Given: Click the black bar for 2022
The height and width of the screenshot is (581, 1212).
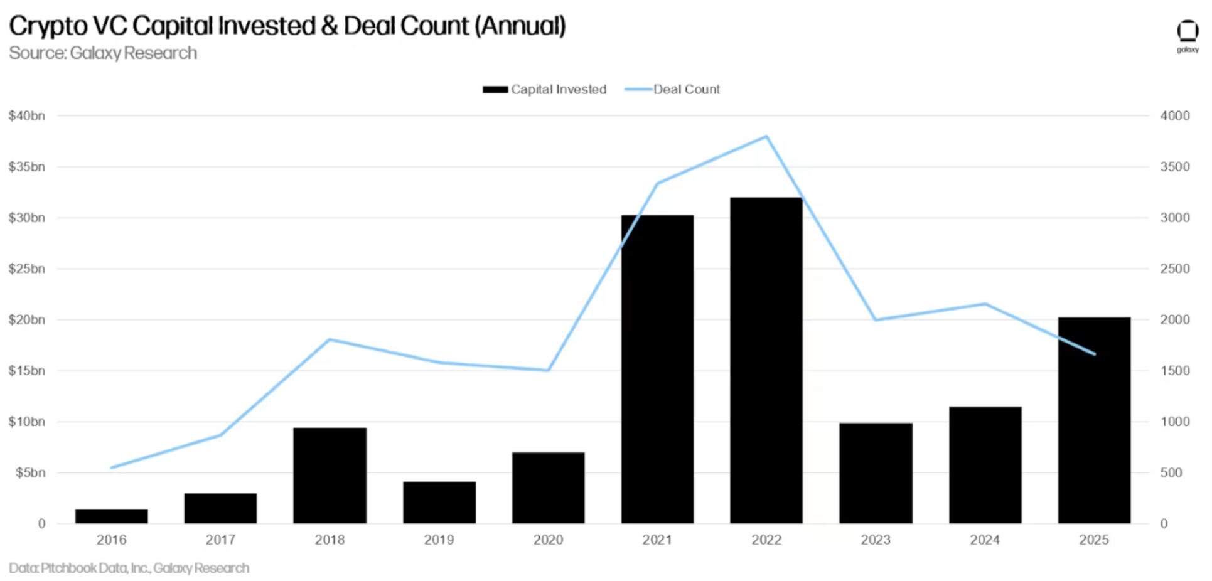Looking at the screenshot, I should tap(766, 361).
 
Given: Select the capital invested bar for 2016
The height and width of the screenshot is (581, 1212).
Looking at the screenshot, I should tap(111, 516).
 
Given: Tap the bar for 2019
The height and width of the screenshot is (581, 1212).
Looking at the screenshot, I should tap(439, 503).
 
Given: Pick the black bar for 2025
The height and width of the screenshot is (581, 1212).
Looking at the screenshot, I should tap(1093, 420).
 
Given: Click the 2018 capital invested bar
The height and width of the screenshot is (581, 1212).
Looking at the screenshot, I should tap(330, 476).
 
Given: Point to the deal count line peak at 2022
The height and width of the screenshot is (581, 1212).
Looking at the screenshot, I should tap(766, 136).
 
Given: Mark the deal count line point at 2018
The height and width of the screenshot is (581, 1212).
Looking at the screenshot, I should tap(330, 339).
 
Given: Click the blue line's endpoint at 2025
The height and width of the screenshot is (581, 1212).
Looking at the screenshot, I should tap(1095, 354).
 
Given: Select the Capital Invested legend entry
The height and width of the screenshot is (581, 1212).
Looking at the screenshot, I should tap(545, 89).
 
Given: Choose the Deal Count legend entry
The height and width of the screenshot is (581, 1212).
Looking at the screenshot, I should tap(673, 89).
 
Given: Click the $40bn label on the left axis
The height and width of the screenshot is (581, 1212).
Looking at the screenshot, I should tap(26, 115).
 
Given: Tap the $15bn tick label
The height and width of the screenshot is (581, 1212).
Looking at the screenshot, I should tap(26, 370).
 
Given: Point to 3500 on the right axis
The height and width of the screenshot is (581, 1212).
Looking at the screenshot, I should tap(1174, 166).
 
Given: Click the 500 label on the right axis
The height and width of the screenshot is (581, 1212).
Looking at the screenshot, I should tap(1171, 472).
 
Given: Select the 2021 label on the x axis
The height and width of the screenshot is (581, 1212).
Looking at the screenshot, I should tap(657, 540).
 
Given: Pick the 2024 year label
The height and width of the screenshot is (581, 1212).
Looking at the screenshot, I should tap(984, 540).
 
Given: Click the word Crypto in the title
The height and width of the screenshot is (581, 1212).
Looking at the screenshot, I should tap(48, 26).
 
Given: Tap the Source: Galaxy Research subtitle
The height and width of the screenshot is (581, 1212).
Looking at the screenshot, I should tap(103, 53).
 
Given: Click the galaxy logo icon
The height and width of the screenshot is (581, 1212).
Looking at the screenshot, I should tap(1187, 31).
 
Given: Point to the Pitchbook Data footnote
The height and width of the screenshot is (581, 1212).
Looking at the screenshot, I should tap(129, 568).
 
